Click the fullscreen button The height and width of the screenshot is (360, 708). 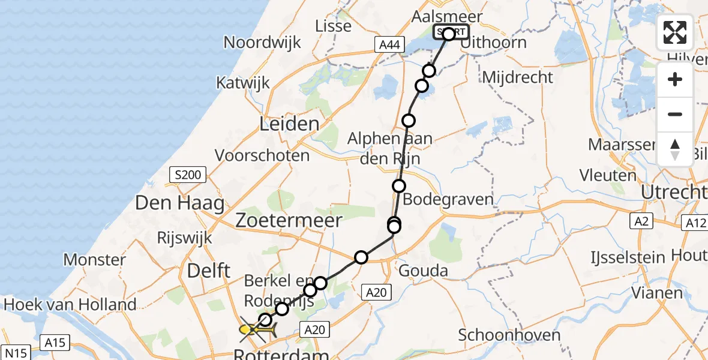[675, 32]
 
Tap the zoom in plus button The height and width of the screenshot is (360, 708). [675, 80]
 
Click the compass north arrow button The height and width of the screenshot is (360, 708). [675, 149]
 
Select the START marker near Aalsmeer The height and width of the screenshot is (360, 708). [451, 32]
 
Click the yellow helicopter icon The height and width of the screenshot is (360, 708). [257, 329]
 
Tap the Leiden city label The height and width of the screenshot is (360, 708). [289, 125]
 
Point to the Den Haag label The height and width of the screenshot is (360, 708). [180, 203]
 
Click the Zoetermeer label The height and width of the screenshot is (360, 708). [289, 219]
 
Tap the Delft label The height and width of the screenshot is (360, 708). [209, 271]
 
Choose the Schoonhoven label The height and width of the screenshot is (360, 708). [509, 335]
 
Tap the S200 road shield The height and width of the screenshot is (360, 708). [187, 175]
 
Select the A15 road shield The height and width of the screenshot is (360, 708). [54, 343]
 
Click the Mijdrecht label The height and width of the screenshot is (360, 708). [517, 77]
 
